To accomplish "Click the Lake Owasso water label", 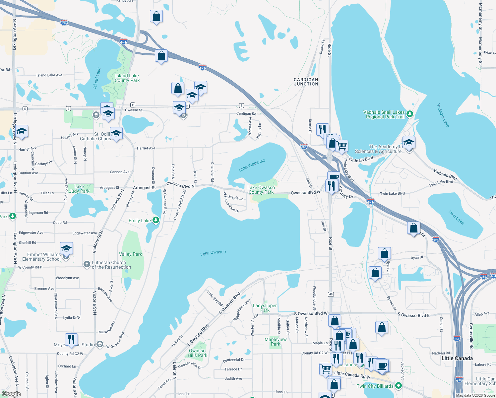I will [213, 253].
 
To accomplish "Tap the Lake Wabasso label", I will [252, 165].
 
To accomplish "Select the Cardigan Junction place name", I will [306, 82].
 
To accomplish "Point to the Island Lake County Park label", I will [127, 78].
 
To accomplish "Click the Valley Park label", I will [130, 254].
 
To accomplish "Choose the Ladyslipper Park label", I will [265, 308].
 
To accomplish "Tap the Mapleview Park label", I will [276, 342].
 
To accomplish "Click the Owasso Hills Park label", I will [197, 353].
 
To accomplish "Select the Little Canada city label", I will [457, 358].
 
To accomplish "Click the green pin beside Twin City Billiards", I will [399, 386].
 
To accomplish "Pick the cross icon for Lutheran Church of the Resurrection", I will [87, 264].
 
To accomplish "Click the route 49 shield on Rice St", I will [331, 294].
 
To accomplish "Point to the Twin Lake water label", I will [456, 217].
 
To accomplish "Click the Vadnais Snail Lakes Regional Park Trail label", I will [384, 114].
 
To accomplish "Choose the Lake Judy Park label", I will [79, 189].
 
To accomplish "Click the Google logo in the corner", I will [11, 394].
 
